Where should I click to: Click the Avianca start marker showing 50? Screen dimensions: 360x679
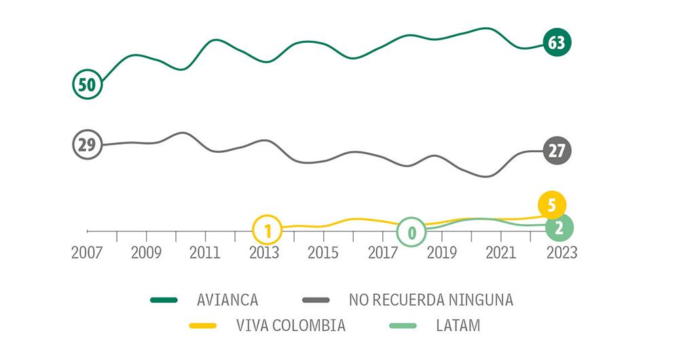click(x=87, y=85)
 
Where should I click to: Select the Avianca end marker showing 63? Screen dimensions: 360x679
click(x=557, y=43)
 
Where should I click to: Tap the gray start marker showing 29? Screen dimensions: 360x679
click(x=87, y=145)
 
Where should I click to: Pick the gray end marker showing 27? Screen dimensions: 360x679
click(x=557, y=151)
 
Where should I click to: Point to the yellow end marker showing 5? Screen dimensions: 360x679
click(x=552, y=205)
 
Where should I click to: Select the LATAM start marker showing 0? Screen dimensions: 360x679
click(x=411, y=232)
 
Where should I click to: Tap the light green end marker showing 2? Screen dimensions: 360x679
click(x=559, y=228)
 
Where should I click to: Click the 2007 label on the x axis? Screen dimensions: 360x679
click(x=88, y=253)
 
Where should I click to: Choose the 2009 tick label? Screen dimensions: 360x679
click(x=146, y=253)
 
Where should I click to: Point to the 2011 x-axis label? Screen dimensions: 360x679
click(x=205, y=253)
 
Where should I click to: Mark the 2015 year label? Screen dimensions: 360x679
click(x=323, y=253)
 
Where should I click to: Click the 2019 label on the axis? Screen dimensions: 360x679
click(x=441, y=253)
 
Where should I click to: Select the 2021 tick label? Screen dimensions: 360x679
click(x=500, y=253)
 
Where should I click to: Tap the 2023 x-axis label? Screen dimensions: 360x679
click(x=560, y=253)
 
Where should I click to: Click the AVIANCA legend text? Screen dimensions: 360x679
click(x=227, y=299)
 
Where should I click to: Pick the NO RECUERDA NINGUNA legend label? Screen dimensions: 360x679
click(x=431, y=299)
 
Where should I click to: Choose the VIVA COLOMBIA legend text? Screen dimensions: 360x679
click(x=290, y=326)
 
